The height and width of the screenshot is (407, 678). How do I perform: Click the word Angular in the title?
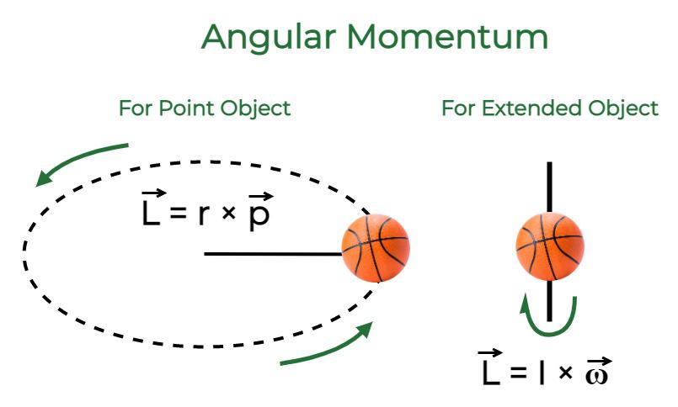[x=269, y=38]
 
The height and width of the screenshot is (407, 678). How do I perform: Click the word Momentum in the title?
[x=447, y=37]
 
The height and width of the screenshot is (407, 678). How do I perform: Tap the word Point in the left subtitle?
[x=187, y=108]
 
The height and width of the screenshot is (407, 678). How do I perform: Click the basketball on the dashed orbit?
[x=376, y=248]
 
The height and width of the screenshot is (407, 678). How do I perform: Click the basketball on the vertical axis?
[x=550, y=246]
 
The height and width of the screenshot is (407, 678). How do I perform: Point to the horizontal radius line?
[x=273, y=254]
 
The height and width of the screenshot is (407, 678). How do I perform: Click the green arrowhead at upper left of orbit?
[x=45, y=178]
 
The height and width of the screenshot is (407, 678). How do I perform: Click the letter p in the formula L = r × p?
[x=259, y=214]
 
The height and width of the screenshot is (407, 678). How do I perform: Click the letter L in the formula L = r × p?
[x=151, y=211]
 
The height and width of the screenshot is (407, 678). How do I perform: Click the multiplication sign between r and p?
[x=228, y=213]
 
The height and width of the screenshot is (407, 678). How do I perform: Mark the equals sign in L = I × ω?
[x=518, y=372]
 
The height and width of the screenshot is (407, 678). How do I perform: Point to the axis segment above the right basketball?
[x=550, y=188]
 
